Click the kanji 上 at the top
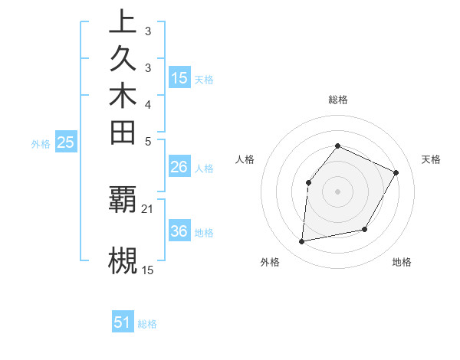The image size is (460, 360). pyautogui.click(x=123, y=22)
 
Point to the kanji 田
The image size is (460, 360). pyautogui.click(x=123, y=132)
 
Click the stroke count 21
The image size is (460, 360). pyautogui.click(x=148, y=208)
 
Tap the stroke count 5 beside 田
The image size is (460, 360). pyautogui.click(x=148, y=141)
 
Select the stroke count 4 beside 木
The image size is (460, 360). pyautogui.click(x=148, y=104)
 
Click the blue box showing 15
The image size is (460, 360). pyautogui.click(x=179, y=78)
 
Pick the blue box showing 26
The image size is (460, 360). pyautogui.click(x=179, y=167)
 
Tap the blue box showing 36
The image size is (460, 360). pyautogui.click(x=179, y=231)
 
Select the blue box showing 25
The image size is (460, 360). pyautogui.click(x=66, y=142)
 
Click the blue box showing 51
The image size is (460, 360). pyautogui.click(x=123, y=322)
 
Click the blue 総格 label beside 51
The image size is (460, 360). pyautogui.click(x=147, y=324)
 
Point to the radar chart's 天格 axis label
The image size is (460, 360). pyautogui.click(x=431, y=159)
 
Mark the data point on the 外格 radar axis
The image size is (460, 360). pyautogui.click(x=302, y=242)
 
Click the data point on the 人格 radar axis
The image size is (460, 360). pyautogui.click(x=308, y=182)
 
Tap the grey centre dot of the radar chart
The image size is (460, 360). pyautogui.click(x=337, y=191)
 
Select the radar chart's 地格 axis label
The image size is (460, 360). pyautogui.click(x=402, y=262)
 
